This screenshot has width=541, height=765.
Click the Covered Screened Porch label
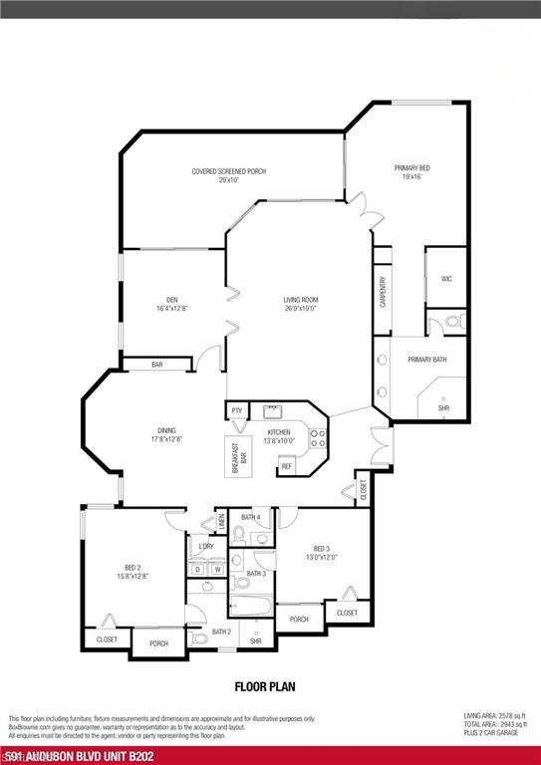tap(229, 175)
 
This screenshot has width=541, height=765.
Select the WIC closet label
tap(446, 279)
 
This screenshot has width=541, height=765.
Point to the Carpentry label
tap(383, 293)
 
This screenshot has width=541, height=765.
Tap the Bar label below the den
tap(156, 366)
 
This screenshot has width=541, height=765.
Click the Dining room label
tap(165, 434)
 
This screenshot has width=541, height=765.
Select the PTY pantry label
tap(237, 410)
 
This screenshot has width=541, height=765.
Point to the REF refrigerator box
tap(286, 466)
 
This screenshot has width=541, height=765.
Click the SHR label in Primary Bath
tap(443, 407)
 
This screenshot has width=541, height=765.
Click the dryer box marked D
tap(197, 569)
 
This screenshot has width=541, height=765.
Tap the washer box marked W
tap(216, 569)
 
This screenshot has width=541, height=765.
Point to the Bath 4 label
tap(251, 517)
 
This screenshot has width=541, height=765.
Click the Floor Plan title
tap(265, 685)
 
